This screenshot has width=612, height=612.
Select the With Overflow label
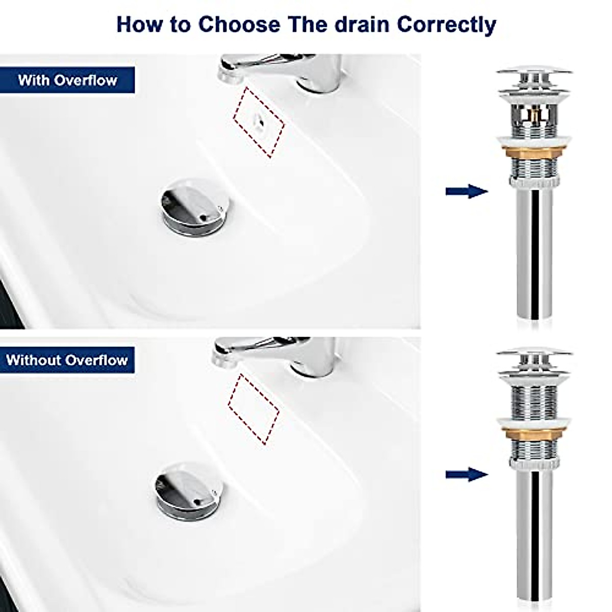67,80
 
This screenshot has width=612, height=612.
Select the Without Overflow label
67,360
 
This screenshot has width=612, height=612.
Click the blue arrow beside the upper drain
466,191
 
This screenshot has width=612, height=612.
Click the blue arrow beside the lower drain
466,475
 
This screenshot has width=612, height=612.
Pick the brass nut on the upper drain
534,152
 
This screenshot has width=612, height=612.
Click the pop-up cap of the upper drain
534,74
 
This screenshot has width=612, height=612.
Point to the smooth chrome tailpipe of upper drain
534,255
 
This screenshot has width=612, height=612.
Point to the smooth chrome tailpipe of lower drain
534,535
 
